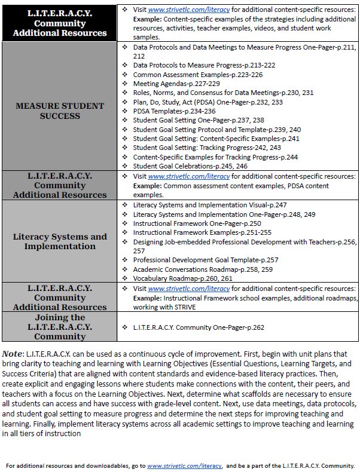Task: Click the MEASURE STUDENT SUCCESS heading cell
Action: click(59, 111)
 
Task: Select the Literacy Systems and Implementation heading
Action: click(59, 241)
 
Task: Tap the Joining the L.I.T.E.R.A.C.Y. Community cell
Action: click(59, 327)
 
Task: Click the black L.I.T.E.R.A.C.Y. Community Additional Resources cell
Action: click(59, 23)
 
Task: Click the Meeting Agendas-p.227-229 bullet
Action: click(168, 84)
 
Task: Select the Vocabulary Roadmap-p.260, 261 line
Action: click(183, 278)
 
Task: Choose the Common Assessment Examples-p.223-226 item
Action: click(190, 75)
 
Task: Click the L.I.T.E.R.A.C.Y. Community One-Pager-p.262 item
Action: click(199, 327)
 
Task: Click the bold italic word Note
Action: click(13, 354)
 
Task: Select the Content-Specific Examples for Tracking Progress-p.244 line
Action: click(215, 157)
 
